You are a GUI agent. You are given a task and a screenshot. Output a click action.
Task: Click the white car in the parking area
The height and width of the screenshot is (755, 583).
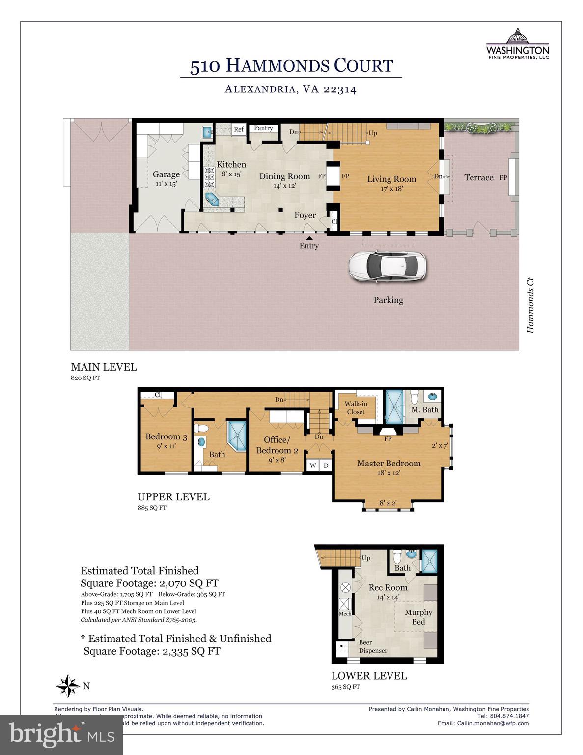(x=387, y=267)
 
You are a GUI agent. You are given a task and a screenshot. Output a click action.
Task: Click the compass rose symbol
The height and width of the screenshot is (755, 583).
(x=68, y=686)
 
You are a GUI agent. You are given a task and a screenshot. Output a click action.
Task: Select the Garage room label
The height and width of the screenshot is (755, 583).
(x=166, y=174)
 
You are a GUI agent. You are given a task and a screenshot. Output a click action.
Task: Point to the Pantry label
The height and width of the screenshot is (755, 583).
(x=263, y=128)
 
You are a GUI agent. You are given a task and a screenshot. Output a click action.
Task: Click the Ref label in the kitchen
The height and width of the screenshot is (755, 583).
(x=239, y=130)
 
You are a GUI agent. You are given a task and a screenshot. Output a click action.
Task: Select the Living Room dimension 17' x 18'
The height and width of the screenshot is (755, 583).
(x=391, y=188)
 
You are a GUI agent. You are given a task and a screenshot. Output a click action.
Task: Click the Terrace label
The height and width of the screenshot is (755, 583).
(x=478, y=178)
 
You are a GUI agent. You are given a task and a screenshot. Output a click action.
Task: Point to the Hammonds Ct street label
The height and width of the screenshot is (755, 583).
(x=530, y=306)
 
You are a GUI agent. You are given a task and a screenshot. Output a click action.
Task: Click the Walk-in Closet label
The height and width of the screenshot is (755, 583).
(x=356, y=408)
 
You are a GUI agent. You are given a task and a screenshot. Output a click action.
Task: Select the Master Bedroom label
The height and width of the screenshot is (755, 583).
(x=389, y=464)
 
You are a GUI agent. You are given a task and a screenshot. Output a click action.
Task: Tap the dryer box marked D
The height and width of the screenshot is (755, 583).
(x=325, y=465)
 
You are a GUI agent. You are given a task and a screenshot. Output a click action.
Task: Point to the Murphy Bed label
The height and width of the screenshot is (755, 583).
(x=418, y=617)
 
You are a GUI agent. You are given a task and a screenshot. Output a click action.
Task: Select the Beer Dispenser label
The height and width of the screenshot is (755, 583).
(x=373, y=646)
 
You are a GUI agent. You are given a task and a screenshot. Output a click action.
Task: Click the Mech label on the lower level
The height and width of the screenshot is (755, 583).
(x=345, y=614)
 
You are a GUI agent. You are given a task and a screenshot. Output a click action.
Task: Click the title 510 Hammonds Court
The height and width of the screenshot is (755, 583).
(x=291, y=66)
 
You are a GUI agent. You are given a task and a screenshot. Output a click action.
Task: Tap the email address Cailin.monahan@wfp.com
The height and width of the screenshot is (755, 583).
(x=493, y=723)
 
